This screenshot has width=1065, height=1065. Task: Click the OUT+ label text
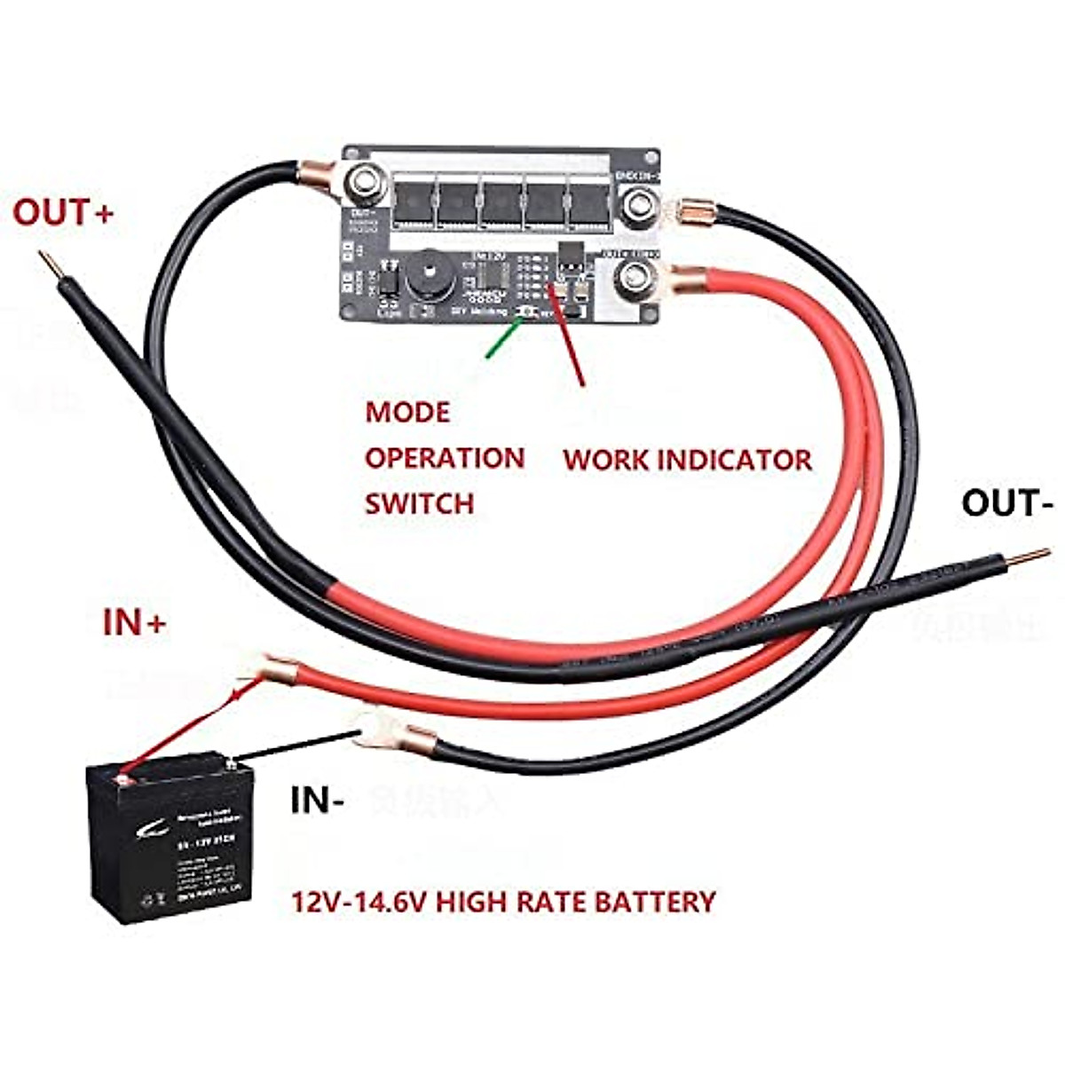pyautogui.click(x=63, y=214)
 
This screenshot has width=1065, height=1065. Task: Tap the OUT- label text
pyautogui.click(x=1006, y=503)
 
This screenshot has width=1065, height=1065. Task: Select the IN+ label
pyautogui.click(x=134, y=623)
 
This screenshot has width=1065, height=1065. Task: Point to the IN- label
pyautogui.click(x=317, y=801)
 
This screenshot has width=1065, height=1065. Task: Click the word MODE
pyautogui.click(x=407, y=413)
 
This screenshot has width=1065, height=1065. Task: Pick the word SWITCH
pyautogui.click(x=419, y=504)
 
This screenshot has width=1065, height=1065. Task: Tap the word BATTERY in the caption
pyautogui.click(x=654, y=903)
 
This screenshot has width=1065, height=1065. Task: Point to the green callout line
pyautogui.click(x=502, y=337)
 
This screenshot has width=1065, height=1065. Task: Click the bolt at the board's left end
pyautogui.click(x=364, y=184)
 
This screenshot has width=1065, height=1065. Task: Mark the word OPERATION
pyautogui.click(x=445, y=459)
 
